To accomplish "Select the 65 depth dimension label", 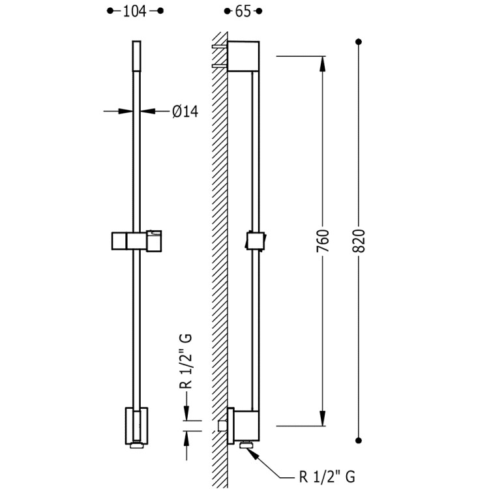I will (243, 11).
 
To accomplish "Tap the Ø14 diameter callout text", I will (185, 111).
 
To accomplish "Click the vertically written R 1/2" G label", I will (186, 362).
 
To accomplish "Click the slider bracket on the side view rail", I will (256, 240).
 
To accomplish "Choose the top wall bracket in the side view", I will (243, 56).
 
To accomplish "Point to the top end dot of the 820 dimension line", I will (359, 42).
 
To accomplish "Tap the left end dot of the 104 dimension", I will (110, 11).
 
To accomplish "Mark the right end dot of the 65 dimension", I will (259, 11).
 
